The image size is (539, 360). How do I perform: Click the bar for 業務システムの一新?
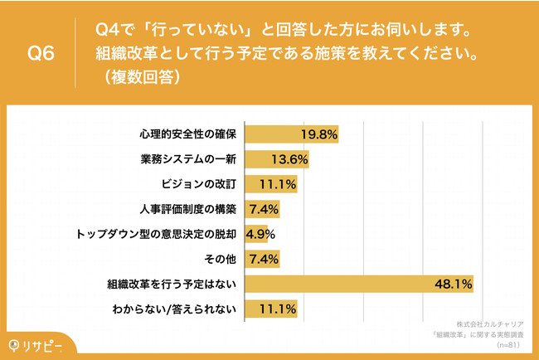tap(277, 159)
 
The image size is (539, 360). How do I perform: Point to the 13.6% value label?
tap(290, 159)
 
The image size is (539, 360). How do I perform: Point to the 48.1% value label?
tap(453, 285)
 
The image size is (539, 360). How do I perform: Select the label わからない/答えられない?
tap(179, 309)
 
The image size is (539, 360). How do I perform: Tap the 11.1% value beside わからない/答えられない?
tap(279, 309)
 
